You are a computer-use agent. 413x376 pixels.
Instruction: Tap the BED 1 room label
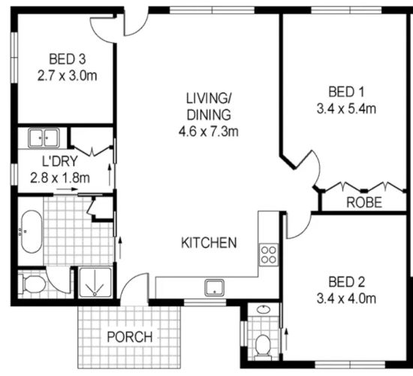347,92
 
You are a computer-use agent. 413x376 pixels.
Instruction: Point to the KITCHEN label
210,243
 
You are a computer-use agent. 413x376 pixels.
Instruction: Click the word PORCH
128,336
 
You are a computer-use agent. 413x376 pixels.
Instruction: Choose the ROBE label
363,202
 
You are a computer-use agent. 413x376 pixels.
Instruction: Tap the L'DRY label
55,162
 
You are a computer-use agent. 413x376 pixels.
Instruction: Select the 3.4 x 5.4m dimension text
347,108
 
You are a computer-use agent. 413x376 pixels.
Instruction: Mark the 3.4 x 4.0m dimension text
347,299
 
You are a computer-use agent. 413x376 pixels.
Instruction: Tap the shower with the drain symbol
95,285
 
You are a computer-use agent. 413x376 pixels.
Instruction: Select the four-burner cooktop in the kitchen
268,254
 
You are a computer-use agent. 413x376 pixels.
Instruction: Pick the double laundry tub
44,138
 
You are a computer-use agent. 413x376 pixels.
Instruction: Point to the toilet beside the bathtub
32,284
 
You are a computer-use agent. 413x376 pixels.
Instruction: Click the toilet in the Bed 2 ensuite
262,344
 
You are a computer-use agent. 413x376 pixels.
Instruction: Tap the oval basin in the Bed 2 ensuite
264,310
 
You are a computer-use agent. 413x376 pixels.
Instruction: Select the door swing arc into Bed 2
297,226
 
